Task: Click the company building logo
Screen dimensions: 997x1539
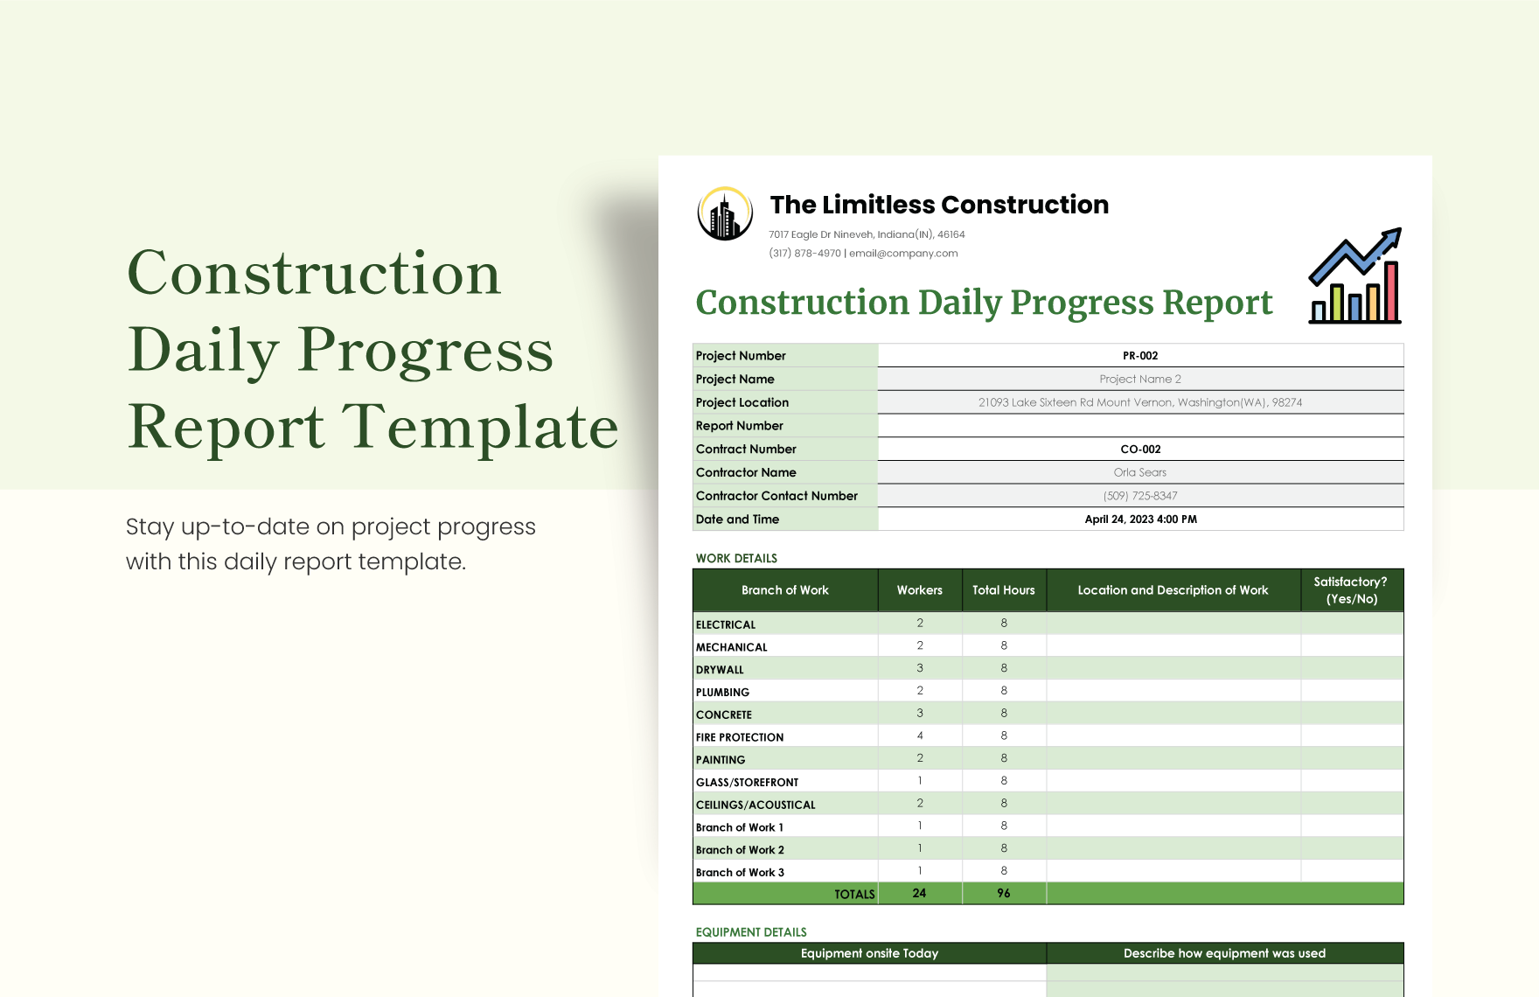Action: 725,214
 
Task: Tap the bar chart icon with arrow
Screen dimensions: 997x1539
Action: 1354,276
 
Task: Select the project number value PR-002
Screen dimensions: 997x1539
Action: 1140,356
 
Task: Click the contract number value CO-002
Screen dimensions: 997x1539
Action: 1140,450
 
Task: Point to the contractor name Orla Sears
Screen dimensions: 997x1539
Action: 1140,472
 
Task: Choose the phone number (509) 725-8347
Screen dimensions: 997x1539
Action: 1140,496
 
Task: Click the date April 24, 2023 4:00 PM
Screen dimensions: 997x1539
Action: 1140,519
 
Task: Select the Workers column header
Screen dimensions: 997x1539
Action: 919,590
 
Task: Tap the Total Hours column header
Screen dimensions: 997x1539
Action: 1003,590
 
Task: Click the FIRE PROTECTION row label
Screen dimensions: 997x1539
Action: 740,737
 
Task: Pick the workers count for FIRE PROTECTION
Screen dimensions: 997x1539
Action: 920,736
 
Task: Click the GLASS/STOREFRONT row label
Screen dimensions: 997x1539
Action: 747,783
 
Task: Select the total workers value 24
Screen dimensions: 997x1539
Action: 919,893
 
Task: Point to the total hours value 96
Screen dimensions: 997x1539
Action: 1003,893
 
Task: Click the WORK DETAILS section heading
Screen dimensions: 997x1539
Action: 736,559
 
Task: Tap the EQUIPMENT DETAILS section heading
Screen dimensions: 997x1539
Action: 751,932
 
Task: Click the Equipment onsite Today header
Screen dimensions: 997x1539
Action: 869,953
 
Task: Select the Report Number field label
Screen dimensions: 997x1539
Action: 740,426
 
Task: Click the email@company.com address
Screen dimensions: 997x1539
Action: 903,254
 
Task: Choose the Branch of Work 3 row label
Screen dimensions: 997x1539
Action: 740,873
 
